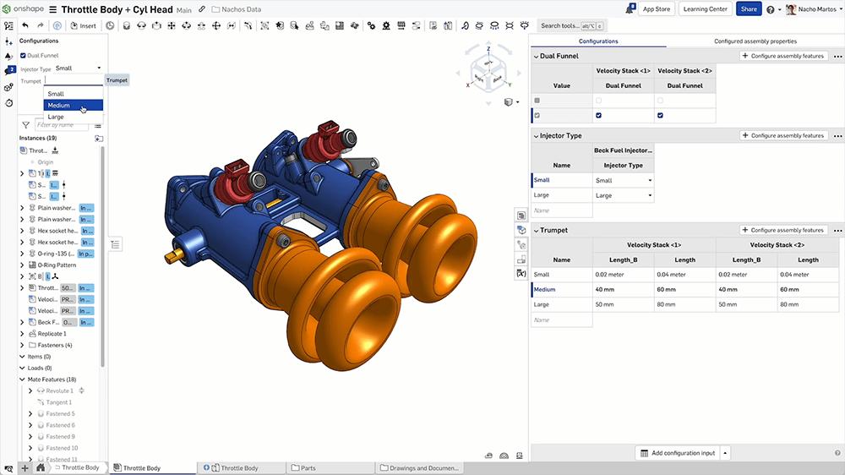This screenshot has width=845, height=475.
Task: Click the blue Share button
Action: [748, 8]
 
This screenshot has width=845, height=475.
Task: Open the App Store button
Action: [657, 8]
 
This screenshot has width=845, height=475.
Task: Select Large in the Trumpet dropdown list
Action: [56, 117]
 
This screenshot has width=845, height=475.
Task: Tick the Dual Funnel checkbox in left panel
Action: [24, 55]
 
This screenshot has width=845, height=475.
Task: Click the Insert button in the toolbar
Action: [84, 26]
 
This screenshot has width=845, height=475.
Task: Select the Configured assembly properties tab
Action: [755, 41]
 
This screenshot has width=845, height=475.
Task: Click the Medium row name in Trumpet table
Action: [544, 289]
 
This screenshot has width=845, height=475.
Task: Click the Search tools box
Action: [573, 26]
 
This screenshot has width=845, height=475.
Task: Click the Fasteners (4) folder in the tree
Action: [55, 345]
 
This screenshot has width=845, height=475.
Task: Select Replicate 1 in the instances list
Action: [52, 334]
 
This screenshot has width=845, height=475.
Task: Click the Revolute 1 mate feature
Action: [60, 391]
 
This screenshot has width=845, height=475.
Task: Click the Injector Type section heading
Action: [561, 135]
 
